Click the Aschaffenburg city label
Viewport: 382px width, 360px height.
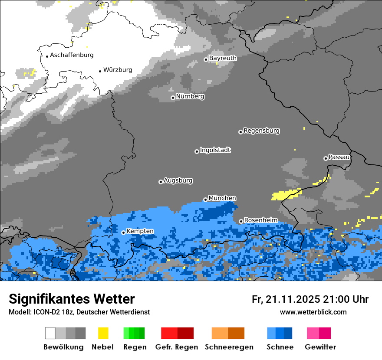(72, 55)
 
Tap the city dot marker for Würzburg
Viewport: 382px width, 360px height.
(100, 71)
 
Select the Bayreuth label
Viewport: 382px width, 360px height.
(223, 58)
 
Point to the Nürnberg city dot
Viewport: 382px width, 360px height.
(173, 98)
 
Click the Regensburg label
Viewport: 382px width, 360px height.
(261, 131)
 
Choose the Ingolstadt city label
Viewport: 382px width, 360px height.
(215, 150)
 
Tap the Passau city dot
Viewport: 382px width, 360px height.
(326, 158)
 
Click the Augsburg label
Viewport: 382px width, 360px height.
(178, 180)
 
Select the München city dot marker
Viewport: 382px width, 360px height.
(205, 200)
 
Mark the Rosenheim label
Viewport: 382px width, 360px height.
(260, 220)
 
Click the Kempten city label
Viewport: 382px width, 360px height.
(140, 231)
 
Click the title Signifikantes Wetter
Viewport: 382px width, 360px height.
(72, 299)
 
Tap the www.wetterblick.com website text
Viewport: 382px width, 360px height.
(313, 312)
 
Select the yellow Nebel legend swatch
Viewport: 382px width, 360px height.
(103, 333)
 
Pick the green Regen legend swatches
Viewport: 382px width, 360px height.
(134, 333)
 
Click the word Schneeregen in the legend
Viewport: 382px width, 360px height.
(229, 347)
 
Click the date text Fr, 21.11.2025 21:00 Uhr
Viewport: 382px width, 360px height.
(310, 299)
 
